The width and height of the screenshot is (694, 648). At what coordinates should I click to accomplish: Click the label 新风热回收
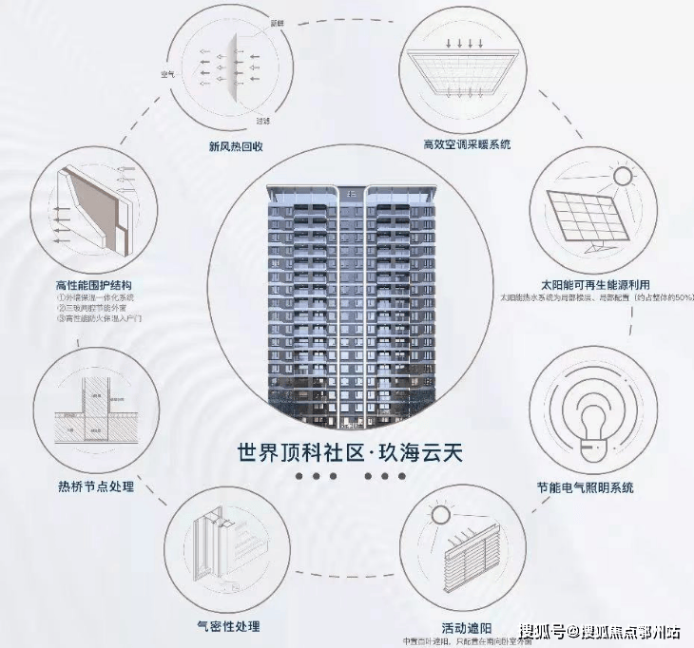(x=235, y=146)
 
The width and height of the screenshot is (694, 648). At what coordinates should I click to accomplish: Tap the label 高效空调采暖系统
(x=467, y=144)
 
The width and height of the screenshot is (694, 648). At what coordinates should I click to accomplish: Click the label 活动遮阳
(x=465, y=628)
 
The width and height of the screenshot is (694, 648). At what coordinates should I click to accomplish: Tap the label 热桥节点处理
(x=96, y=486)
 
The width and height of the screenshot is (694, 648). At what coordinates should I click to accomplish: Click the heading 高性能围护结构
(x=94, y=284)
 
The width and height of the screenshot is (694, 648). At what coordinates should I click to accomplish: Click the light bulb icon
(x=588, y=419)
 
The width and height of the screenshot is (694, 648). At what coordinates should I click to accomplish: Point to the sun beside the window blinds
(x=439, y=515)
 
